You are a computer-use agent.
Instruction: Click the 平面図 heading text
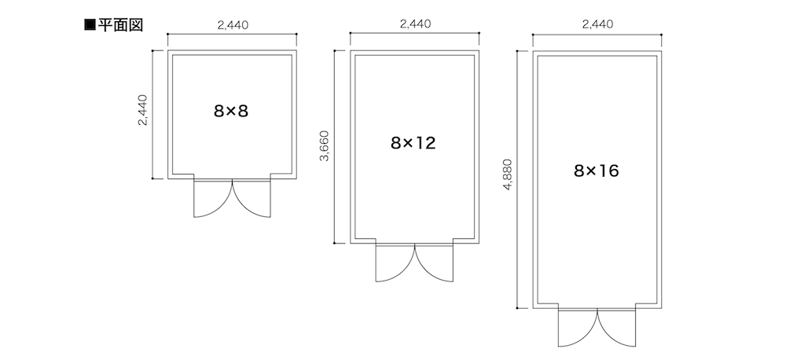(x=120, y=25)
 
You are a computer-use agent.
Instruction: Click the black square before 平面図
(x=90, y=25)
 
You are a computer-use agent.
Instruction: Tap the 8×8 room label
(x=231, y=111)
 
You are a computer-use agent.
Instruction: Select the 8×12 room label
(x=413, y=143)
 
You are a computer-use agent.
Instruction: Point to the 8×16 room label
(x=597, y=171)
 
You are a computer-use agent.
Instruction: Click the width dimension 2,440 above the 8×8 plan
(x=233, y=25)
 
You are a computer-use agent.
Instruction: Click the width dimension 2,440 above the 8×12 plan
(x=415, y=24)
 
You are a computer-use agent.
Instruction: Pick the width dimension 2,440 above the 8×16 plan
(x=597, y=24)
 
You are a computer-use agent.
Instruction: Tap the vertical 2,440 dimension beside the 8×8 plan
(x=143, y=110)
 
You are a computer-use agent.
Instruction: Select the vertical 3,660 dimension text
(x=325, y=146)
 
